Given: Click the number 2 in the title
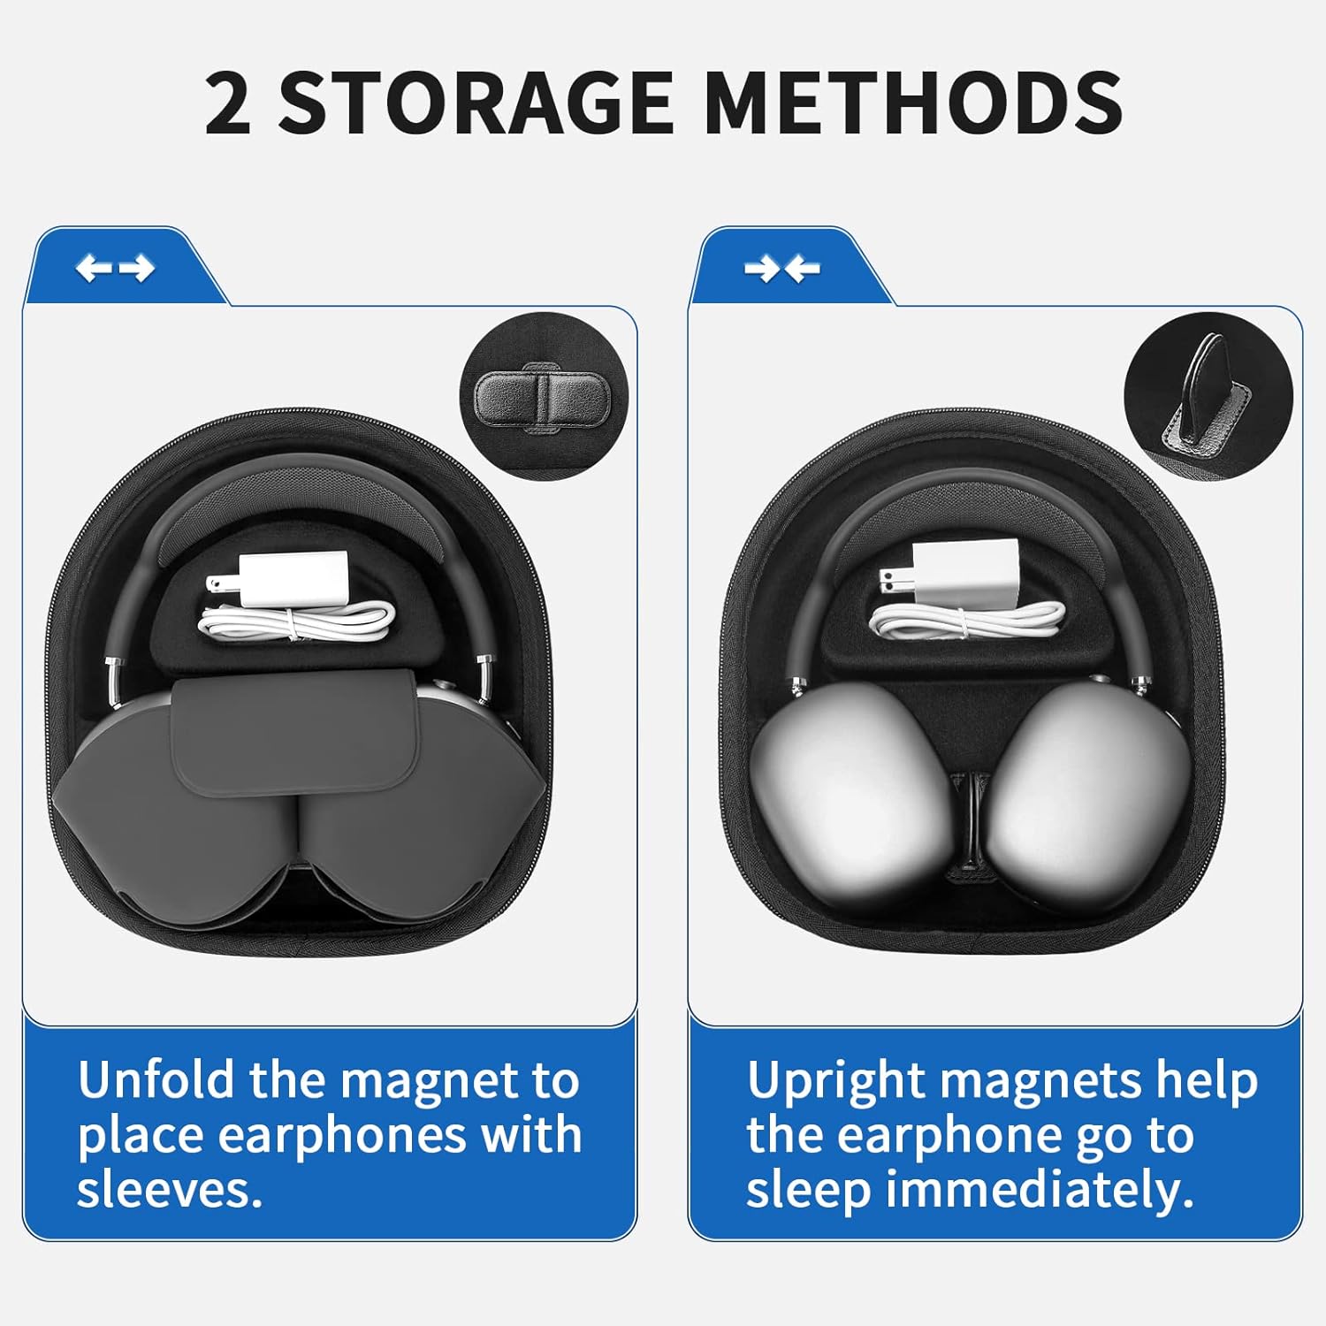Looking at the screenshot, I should pyautogui.click(x=228, y=104).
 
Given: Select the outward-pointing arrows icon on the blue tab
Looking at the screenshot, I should pyautogui.click(x=115, y=268).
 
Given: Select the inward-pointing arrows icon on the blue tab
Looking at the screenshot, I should pyautogui.click(x=781, y=268).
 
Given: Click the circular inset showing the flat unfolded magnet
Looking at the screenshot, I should pyautogui.click(x=542, y=398).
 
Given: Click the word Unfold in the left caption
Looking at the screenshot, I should pyautogui.click(x=156, y=1080).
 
